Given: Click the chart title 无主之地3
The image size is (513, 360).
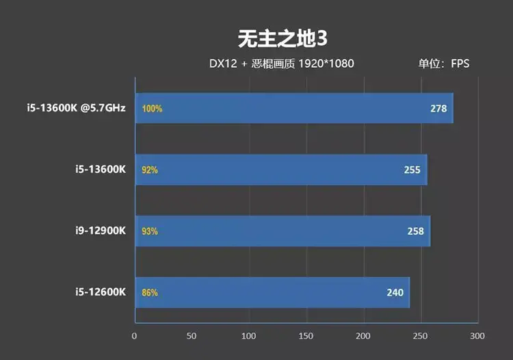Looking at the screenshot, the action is [282, 39].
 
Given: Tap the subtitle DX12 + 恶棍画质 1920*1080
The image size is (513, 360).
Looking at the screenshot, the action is [281, 64].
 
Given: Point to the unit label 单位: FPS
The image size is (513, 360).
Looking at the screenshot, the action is [444, 64].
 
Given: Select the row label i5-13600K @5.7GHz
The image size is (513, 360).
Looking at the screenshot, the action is [76, 108].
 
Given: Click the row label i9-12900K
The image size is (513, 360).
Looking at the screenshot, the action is [101, 231].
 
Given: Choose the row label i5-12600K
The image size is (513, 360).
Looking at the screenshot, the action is [101, 292].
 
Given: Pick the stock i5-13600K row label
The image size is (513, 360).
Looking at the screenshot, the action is [101, 169].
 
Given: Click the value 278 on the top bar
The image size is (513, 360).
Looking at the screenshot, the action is [438, 108].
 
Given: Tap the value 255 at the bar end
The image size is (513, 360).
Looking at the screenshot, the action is [412, 170].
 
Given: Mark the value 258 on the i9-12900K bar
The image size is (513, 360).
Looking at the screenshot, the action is [415, 231].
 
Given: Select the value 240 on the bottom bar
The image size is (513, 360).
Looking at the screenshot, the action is [395, 292].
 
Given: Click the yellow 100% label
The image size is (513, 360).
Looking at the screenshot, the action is [152, 109].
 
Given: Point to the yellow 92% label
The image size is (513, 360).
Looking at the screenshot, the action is [150, 170].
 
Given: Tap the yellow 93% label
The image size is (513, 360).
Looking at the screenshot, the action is [150, 231].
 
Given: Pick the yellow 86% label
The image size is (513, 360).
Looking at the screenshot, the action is [150, 292].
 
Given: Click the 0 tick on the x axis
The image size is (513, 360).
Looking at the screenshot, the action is [134, 336].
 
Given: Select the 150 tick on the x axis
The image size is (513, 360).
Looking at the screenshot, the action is [306, 336].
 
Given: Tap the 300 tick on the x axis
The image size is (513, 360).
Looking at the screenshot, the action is [477, 336].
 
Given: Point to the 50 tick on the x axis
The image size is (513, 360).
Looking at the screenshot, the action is [192, 336].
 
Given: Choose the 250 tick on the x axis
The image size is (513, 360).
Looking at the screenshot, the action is [420, 336].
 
